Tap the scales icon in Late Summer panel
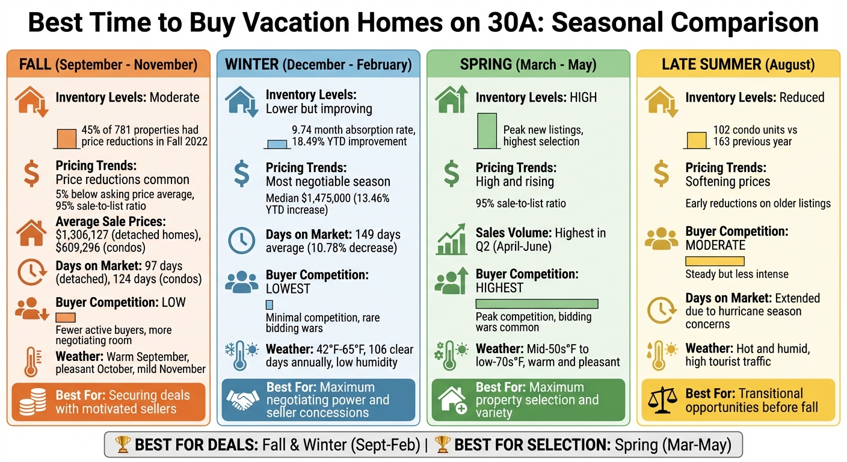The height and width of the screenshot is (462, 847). [662, 400]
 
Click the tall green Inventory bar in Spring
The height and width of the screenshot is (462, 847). [487, 131]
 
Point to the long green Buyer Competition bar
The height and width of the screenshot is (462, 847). [537, 304]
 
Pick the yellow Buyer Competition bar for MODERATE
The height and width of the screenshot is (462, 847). [715, 260]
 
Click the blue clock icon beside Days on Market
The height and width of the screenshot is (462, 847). [241, 241]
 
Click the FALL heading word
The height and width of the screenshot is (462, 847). [35, 64]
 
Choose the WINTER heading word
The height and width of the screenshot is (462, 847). [251, 64]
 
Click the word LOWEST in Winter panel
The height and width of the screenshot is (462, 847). [288, 289]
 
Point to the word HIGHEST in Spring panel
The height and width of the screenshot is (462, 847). [499, 288]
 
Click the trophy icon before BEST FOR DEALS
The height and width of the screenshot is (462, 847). [122, 445]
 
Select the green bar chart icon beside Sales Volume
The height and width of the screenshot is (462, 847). [451, 240]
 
